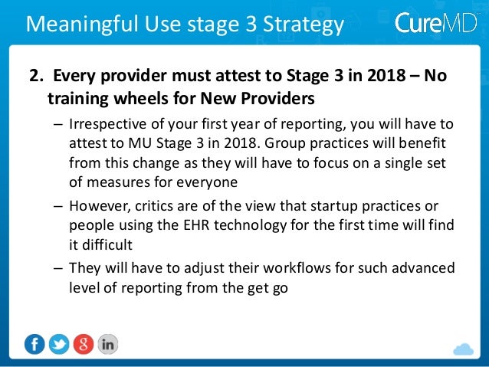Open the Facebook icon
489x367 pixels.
pos(34,344)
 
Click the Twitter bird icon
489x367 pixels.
pos(59,344)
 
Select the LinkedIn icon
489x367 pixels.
pos(108,344)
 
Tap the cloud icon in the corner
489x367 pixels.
pos(464,349)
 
